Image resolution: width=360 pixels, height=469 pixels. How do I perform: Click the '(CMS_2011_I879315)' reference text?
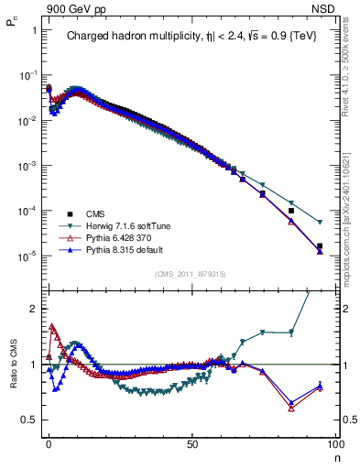(x=191, y=274)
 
